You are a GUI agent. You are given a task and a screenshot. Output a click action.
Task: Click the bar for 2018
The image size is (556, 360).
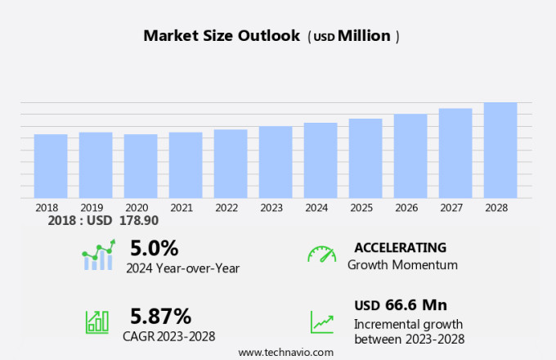tap(51, 166)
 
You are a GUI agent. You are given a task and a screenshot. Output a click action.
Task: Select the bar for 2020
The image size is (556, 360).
tap(141, 166)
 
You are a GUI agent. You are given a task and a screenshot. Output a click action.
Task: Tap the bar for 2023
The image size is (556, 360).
tap(276, 162)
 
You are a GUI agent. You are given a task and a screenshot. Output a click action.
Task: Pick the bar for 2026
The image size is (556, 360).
tap(410, 156)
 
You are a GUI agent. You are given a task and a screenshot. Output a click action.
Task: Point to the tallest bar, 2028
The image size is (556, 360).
tap(500, 151)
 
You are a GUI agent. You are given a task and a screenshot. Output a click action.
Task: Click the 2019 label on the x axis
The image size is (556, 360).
tap(92, 208)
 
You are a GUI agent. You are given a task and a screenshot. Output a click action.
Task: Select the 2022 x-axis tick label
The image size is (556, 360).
tap(226, 208)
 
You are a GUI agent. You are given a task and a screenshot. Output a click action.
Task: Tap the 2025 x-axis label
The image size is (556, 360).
tap(361, 208)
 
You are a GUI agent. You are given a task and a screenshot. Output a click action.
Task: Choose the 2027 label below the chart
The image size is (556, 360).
tap(451, 208)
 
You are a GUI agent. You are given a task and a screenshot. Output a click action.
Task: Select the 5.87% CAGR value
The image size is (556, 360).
tap(161, 316)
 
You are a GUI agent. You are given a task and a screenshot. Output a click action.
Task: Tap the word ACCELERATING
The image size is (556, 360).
tap(400, 247)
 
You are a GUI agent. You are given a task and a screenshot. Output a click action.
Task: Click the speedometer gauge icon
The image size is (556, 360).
tap(321, 254)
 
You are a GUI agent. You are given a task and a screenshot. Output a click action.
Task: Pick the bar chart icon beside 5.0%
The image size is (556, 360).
tap(98, 255)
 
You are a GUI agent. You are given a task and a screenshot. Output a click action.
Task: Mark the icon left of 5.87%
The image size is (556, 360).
tap(97, 322)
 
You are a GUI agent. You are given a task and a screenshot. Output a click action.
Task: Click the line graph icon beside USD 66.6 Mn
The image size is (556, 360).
tap(321, 322)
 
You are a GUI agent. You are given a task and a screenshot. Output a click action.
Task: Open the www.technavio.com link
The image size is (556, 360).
tap(286, 352)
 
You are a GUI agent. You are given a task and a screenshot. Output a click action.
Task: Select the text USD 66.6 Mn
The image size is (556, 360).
tap(401, 305)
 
